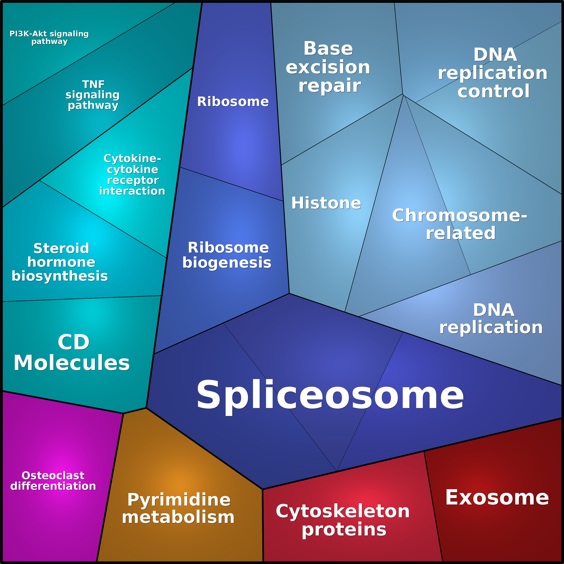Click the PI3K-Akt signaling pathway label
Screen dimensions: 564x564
coord(49,38)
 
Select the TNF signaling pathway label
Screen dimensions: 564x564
coord(93,95)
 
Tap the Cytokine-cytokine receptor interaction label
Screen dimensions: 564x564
coord(132,175)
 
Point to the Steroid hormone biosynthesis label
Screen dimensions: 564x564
coord(60,262)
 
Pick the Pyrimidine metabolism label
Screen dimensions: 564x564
coord(178,508)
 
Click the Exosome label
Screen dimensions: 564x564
coord(497,498)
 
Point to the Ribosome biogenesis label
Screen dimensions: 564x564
coord(227,255)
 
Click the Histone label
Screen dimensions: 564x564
coord(326,203)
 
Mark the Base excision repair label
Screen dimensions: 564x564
coord(328,67)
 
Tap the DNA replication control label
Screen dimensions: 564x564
coord(493,73)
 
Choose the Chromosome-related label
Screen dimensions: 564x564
coord(460,224)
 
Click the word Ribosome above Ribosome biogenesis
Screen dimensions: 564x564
coord(233,101)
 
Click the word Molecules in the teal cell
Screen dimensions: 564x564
coord(72,363)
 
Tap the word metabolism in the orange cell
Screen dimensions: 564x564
coord(178,517)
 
